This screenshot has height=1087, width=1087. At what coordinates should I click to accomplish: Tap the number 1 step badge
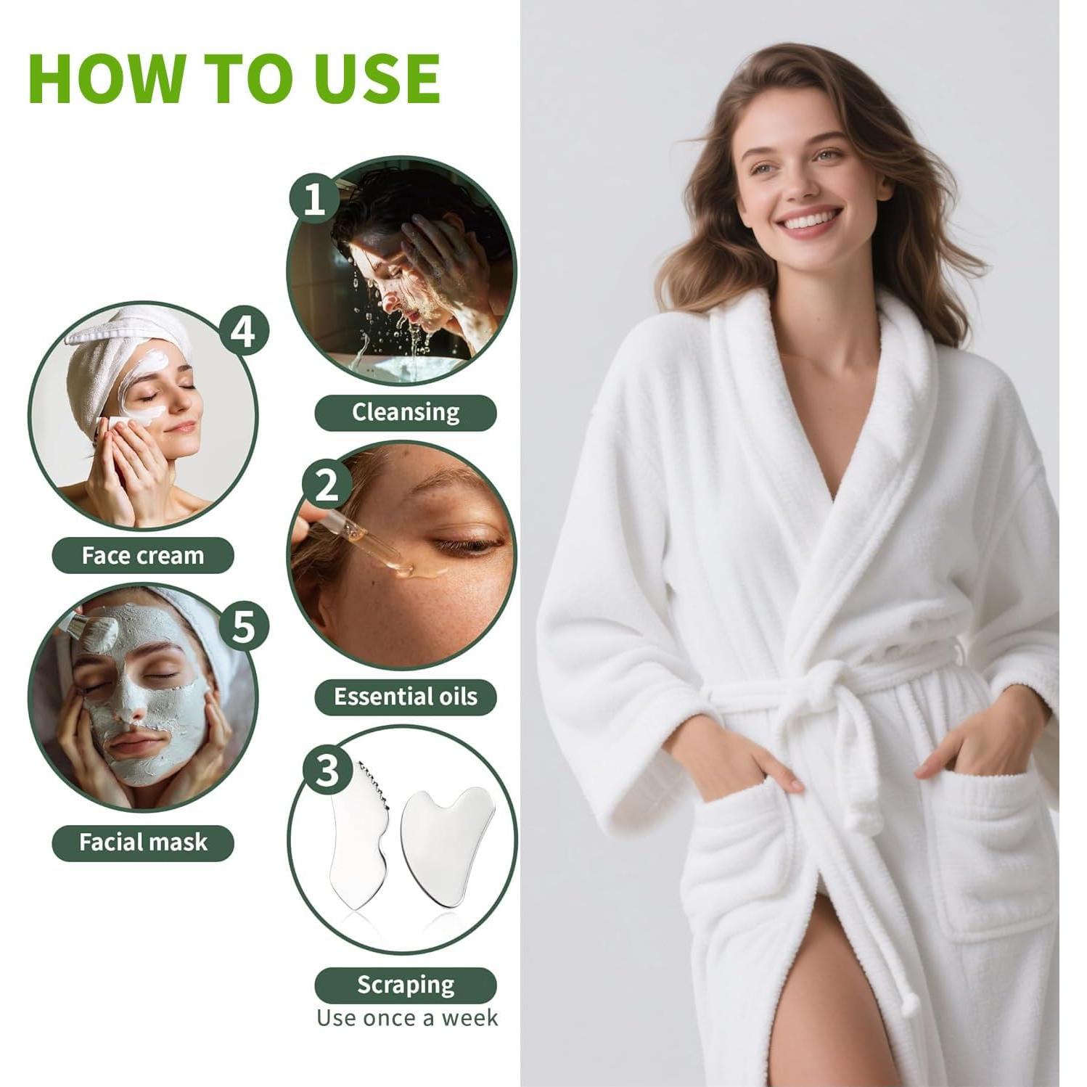point(313,197)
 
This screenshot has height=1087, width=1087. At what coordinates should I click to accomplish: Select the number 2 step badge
point(327,485)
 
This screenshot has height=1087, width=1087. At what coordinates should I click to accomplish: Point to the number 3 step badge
point(327,771)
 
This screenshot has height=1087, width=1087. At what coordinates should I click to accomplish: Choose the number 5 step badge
point(244,625)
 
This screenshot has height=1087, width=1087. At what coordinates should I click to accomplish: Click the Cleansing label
point(406,412)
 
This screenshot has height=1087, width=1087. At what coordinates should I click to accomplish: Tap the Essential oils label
point(406,697)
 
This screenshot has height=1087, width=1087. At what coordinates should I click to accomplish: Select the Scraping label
point(406,985)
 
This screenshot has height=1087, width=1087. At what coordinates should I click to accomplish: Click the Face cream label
point(143,556)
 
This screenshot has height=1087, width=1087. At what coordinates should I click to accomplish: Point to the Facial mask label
point(143,842)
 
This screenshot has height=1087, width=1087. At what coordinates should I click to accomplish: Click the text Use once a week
point(407,1018)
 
